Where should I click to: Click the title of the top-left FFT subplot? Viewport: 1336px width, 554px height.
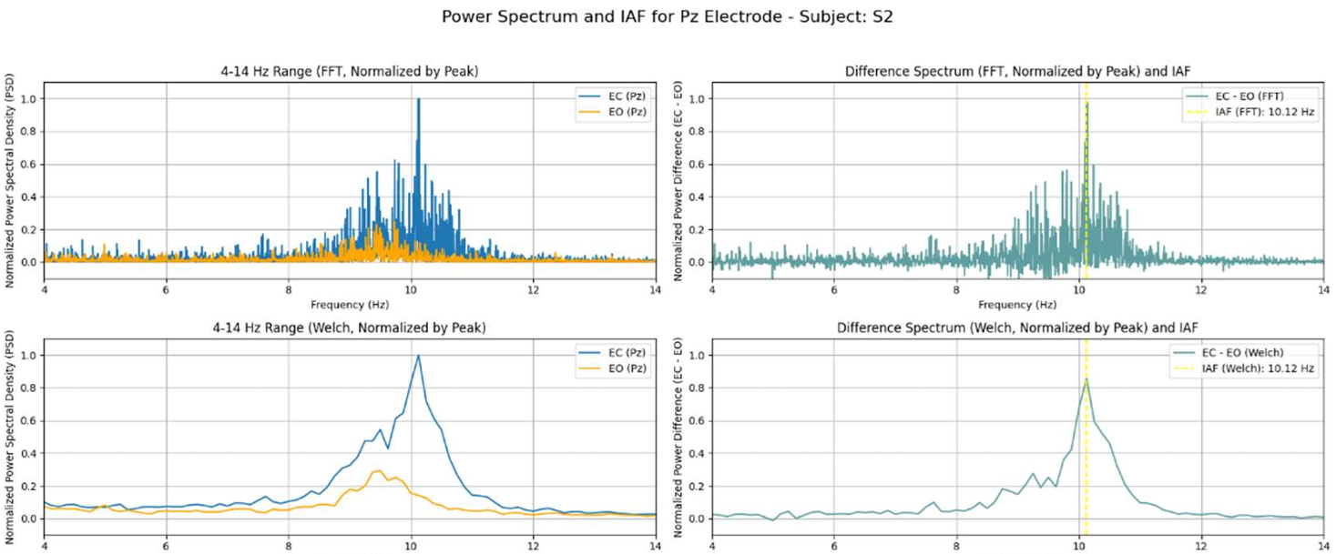point(350,71)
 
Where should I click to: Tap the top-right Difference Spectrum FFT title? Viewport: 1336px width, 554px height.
point(1017,71)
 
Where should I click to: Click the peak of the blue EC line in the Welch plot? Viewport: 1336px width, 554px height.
point(418,356)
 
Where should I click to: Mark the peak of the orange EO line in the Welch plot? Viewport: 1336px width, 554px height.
point(377,470)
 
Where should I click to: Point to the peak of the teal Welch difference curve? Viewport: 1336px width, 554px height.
point(1086,379)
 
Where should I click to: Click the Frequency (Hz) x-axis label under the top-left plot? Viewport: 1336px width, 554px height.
point(350,304)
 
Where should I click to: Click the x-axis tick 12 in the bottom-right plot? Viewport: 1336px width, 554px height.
point(1201,545)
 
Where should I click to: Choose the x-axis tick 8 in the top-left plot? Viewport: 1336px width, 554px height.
point(289,289)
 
